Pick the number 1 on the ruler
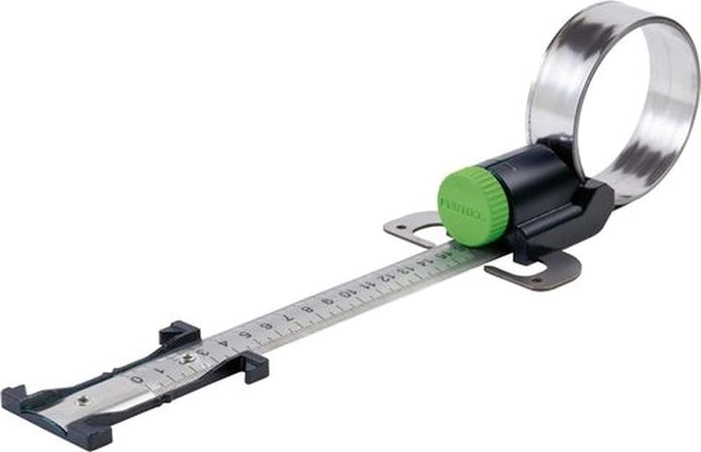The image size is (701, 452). click(159, 370)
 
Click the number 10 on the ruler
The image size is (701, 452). click(347, 294)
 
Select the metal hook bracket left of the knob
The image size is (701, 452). click(409, 230)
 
